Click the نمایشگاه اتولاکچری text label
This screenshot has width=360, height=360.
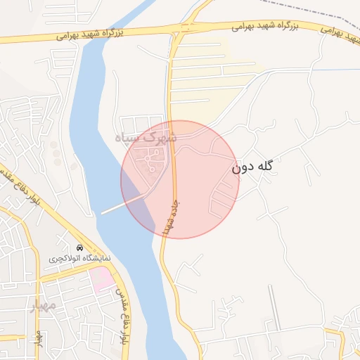point(80,259)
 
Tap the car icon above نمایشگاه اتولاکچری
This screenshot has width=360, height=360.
point(80,248)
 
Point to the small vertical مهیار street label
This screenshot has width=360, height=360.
point(40,340)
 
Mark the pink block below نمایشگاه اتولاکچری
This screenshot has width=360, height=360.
point(102,279)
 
